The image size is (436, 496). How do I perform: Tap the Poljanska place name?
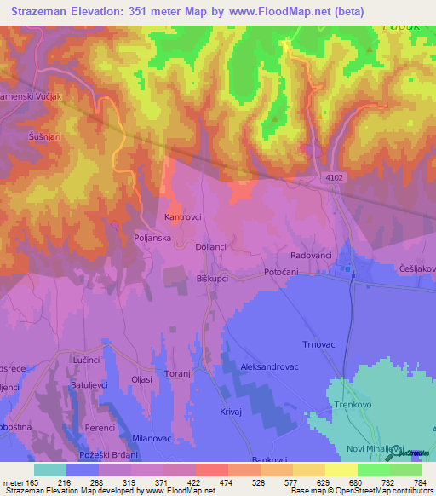(153, 239)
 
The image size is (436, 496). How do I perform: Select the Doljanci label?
(210, 246)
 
